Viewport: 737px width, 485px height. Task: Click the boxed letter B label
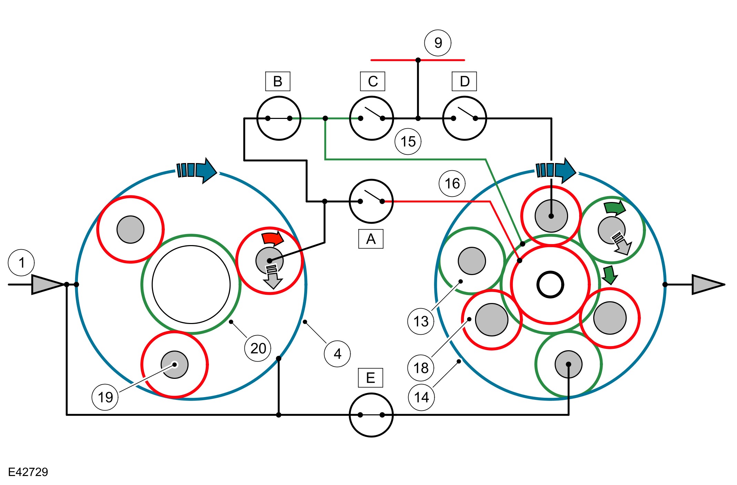277,81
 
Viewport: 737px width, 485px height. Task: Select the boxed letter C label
372,81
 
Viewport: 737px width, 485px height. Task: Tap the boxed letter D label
464,81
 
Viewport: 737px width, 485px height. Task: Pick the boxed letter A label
371,239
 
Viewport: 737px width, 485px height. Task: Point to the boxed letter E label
370,378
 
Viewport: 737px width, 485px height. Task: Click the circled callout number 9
438,43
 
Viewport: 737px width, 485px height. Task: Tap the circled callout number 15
408,141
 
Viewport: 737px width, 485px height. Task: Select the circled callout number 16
452,183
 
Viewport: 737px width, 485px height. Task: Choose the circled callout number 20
258,348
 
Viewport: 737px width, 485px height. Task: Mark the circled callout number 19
105,397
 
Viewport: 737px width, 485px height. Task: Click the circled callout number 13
421,321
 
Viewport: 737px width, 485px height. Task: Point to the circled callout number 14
421,397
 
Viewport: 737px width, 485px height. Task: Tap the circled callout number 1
21,263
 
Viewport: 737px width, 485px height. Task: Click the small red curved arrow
272,238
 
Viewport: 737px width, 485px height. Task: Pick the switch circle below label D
464,118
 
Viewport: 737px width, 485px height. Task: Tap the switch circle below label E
371,415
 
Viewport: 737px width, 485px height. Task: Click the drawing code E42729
28,472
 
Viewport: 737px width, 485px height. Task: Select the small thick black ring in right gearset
550,285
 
